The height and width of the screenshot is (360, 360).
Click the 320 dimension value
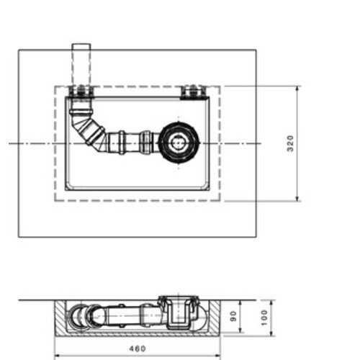[290, 143]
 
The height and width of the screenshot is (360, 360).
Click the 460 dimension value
[138, 348]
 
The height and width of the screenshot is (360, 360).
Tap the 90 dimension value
[233, 316]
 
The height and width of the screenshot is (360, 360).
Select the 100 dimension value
[264, 318]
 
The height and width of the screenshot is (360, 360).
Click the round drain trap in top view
[179, 143]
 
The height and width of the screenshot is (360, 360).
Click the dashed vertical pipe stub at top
[81, 64]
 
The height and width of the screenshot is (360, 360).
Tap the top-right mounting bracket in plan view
[194, 92]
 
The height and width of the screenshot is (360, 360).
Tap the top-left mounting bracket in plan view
[81, 91]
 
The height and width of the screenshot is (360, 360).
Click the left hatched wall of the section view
[60, 316]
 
